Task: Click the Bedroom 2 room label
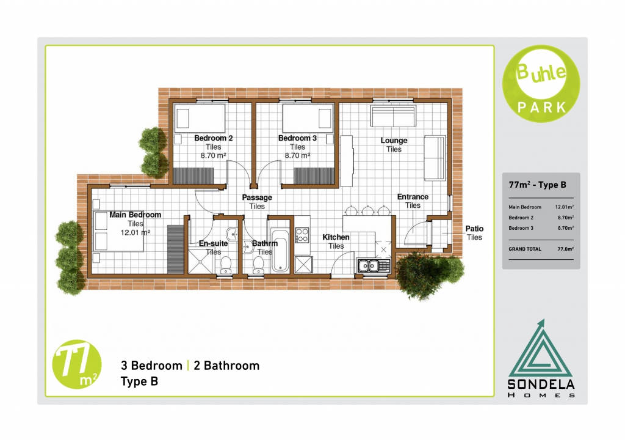[x=213, y=138]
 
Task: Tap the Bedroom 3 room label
[x=297, y=138]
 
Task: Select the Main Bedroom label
[x=135, y=215]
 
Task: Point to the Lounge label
[x=394, y=141]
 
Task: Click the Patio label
[x=474, y=229]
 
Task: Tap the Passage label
[x=257, y=197]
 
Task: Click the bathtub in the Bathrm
[x=281, y=249]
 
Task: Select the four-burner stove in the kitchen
[x=302, y=235]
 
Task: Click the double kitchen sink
[x=373, y=265]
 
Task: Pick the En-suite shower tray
[x=200, y=261]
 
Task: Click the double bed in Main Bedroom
[x=118, y=232]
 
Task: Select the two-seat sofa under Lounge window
[x=394, y=117]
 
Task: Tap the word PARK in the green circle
[x=542, y=108]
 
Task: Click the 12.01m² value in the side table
[x=565, y=207]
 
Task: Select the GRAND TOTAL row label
[x=525, y=249]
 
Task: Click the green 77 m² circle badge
[x=77, y=364]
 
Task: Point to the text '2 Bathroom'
[x=226, y=366]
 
